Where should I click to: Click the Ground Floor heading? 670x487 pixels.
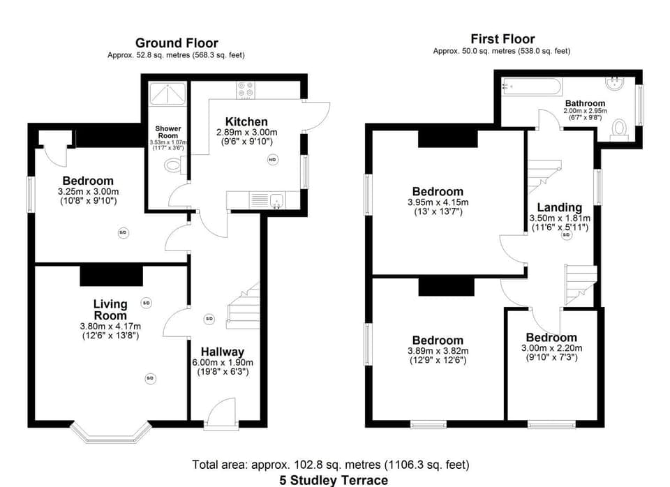(177, 43)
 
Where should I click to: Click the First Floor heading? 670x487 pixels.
(502, 39)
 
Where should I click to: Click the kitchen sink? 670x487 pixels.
(276, 201)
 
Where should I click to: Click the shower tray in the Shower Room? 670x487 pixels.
(167, 93)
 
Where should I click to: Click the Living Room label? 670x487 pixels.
(111, 309)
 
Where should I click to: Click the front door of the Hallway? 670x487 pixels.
(223, 412)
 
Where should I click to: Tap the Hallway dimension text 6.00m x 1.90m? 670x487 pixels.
(223, 363)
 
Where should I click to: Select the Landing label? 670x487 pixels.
(559, 207)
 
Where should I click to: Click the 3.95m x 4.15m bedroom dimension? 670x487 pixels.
(438, 202)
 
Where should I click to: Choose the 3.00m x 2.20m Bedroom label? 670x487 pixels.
(551, 338)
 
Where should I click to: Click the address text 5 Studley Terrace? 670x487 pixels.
(334, 480)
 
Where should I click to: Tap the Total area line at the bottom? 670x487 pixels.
(331, 465)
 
